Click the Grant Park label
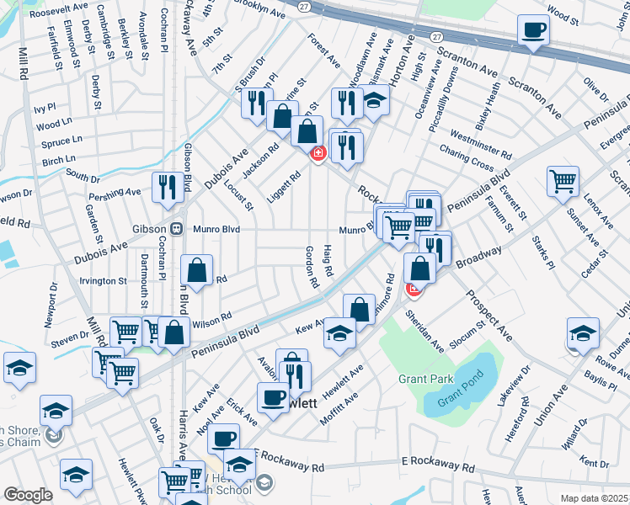click(426, 379)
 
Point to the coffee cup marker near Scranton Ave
click(533, 31)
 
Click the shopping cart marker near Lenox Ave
click(563, 179)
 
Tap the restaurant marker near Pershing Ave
click(166, 187)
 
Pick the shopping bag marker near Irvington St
click(195, 270)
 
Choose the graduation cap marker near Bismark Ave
click(374, 103)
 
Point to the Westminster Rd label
click(481, 144)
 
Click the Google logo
click(28, 495)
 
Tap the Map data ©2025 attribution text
click(593, 499)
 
